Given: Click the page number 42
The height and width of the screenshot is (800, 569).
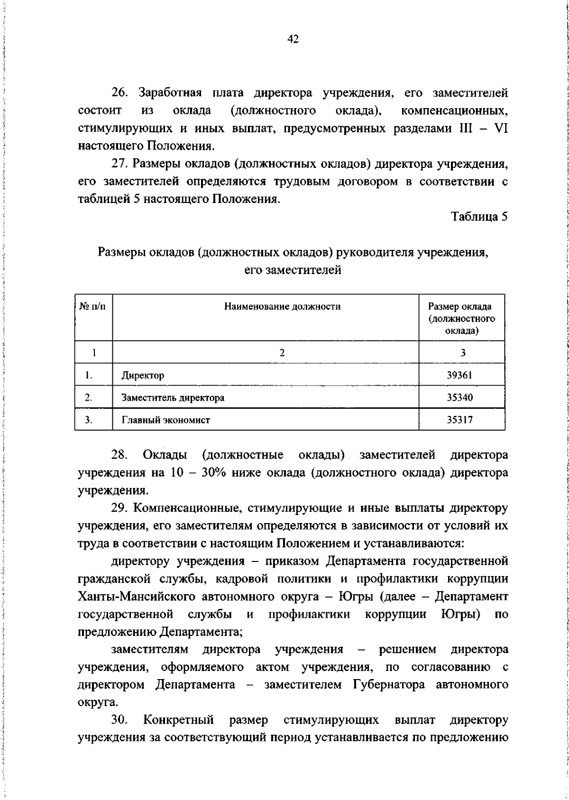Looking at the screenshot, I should tap(293, 39).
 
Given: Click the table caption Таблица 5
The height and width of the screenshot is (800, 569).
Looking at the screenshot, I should tap(479, 217).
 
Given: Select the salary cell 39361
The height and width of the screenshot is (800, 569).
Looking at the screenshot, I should tap(459, 375).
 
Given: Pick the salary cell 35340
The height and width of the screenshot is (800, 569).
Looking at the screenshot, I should tap(459, 397).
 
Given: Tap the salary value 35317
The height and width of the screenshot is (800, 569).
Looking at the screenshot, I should tap(459, 420).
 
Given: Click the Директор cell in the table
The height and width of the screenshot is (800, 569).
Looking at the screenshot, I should tap(143, 376).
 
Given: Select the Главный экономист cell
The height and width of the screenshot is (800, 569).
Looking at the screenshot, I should tap(165, 420).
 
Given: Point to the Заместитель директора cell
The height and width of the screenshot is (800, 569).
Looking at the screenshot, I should tap(173, 398).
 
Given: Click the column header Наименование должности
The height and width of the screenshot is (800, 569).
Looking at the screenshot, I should tap(282, 307).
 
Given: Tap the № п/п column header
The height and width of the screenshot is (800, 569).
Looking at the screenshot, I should tap(93, 307).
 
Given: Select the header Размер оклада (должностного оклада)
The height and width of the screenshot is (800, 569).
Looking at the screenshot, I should tap(461, 318).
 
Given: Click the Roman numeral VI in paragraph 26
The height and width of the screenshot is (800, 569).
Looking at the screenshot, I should tap(501, 129).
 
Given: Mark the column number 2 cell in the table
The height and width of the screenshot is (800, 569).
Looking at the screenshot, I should tap(282, 353).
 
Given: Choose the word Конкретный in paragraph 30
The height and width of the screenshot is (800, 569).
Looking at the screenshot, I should tap(178, 720).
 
